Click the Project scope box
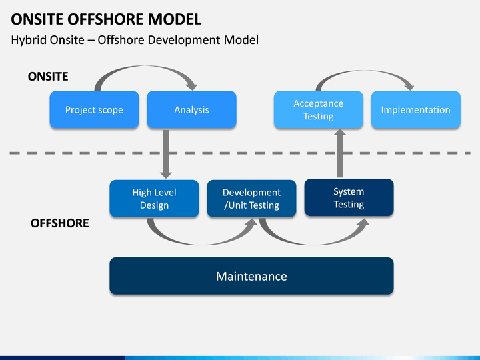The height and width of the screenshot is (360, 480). (x=94, y=109)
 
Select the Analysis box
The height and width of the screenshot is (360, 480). (x=191, y=109)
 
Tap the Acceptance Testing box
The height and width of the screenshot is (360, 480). (x=319, y=109)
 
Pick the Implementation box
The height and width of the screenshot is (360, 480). (x=416, y=109)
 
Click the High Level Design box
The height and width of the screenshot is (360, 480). (x=154, y=199)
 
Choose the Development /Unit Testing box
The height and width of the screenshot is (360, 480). (x=251, y=199)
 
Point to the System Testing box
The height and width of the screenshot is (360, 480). (x=349, y=197)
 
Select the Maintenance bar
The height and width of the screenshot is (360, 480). (x=251, y=276)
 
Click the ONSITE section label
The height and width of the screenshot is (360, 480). (x=48, y=77)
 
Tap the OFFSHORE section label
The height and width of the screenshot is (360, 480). (x=60, y=223)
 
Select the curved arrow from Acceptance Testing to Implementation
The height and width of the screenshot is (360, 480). (x=364, y=71)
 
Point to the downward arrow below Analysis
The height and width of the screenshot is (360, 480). (x=166, y=154)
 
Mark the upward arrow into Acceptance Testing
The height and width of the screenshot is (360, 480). (x=340, y=153)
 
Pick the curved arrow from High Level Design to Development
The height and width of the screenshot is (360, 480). (x=202, y=243)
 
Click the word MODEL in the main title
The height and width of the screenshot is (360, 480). (x=175, y=19)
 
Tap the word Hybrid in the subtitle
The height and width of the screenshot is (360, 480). (x=29, y=40)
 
